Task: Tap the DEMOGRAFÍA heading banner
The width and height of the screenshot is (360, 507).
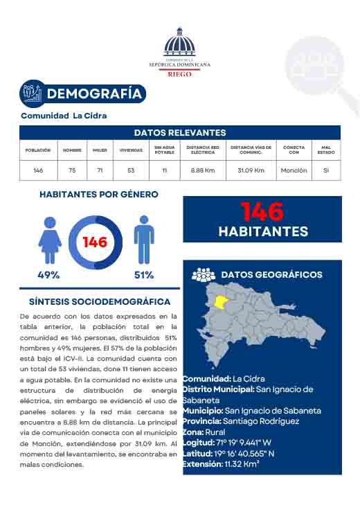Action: point(95,94)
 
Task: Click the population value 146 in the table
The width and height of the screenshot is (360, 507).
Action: point(38,170)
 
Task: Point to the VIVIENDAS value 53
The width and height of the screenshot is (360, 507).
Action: point(131,170)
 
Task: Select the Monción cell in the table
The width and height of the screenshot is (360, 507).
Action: point(294,170)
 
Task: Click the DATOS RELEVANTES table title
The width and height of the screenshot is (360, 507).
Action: point(180,132)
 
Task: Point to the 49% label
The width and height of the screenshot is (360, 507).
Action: point(48,275)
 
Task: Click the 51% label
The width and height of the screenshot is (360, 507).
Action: point(144,275)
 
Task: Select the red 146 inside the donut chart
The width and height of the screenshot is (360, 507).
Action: point(95,242)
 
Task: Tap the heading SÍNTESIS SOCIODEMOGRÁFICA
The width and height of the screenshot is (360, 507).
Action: point(100,302)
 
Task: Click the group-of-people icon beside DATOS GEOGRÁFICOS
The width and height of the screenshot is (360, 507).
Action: point(204,275)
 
